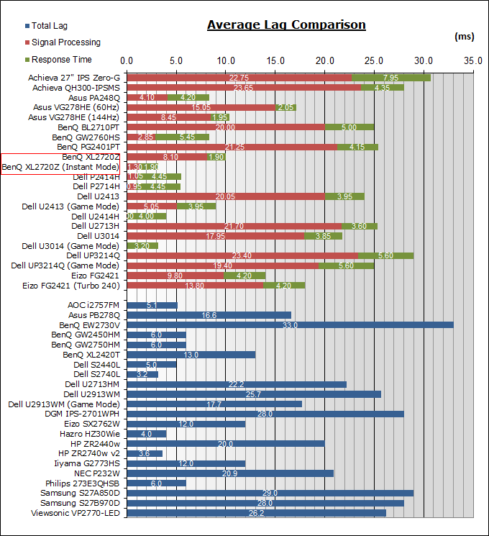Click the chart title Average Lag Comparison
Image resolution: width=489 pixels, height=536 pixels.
click(x=286, y=25)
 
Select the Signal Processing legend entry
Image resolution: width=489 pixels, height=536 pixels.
click(x=65, y=42)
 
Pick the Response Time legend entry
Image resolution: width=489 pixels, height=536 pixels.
click(x=61, y=59)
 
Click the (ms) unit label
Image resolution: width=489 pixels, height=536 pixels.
click(x=465, y=35)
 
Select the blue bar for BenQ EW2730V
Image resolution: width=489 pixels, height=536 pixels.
click(x=290, y=325)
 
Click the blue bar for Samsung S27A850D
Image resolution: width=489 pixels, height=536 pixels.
click(x=270, y=493)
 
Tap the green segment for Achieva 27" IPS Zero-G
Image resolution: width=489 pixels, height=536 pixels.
click(x=391, y=78)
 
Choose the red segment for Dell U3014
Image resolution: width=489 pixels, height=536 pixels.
click(x=216, y=235)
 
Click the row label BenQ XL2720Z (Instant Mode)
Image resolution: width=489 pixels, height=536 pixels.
click(x=61, y=167)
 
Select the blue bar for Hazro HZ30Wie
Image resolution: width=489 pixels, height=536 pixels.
click(x=146, y=434)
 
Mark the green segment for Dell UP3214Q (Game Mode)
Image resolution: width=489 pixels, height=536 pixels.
click(x=346, y=265)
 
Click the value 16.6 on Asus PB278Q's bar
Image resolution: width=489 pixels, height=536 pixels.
click(x=209, y=315)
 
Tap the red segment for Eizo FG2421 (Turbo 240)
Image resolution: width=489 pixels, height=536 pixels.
click(x=195, y=286)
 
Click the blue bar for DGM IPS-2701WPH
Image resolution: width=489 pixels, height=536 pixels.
click(x=265, y=414)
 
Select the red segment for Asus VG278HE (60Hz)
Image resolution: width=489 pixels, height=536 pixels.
click(x=201, y=107)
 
